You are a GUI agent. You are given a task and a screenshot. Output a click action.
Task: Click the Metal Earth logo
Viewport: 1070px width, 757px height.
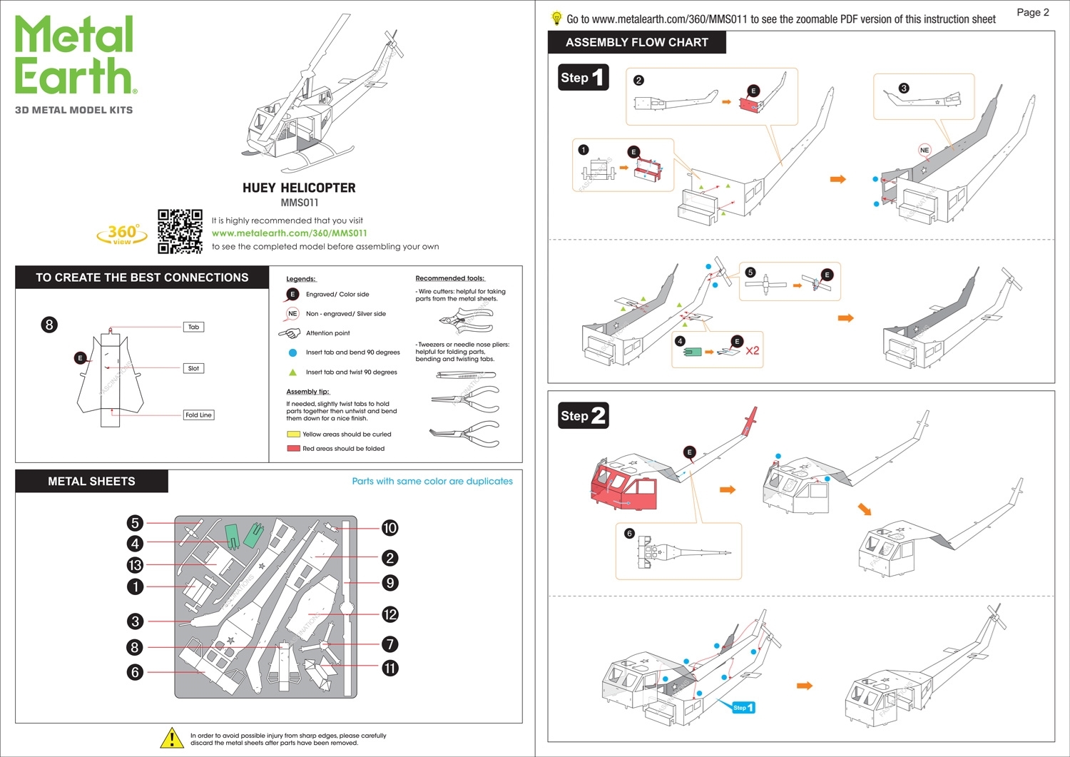click(x=74, y=56)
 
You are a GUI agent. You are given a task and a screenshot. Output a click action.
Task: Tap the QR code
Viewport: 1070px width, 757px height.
click(x=180, y=231)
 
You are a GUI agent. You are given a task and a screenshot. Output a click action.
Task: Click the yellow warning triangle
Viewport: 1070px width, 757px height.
click(x=172, y=738)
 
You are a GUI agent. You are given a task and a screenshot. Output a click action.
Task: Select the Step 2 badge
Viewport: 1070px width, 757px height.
click(x=583, y=416)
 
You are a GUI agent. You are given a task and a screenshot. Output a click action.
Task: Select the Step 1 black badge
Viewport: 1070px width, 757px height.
click(x=583, y=78)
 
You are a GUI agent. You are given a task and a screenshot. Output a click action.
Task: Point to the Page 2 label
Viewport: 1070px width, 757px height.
click(x=1032, y=12)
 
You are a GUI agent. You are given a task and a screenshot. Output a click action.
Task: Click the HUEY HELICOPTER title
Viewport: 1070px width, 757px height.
click(x=299, y=188)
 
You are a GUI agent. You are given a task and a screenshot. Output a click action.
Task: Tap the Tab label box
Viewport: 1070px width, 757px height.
click(x=193, y=327)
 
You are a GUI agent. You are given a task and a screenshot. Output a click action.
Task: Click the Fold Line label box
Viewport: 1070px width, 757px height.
click(x=198, y=415)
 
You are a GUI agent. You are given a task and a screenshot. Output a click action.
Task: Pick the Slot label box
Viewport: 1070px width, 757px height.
click(x=193, y=368)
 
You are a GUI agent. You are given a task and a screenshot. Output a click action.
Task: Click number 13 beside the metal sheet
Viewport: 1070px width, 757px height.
click(x=135, y=565)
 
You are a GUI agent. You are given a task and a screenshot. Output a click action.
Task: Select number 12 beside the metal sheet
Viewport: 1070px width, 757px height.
click(x=389, y=614)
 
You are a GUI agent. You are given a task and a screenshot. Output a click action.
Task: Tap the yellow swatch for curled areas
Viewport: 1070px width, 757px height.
click(x=293, y=434)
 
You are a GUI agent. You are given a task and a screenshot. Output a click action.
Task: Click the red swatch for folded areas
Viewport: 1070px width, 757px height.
click(x=293, y=449)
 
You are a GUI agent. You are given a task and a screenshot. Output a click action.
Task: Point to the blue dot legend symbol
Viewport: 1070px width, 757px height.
click(x=292, y=352)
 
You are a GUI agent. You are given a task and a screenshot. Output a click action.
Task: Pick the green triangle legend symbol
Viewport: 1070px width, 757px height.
click(x=292, y=372)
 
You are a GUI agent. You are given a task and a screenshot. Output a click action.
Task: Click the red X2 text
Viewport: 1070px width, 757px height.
click(x=753, y=351)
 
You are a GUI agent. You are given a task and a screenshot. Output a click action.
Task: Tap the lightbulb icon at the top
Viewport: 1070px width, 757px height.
click(x=557, y=19)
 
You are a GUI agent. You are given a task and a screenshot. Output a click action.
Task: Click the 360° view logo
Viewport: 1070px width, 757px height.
click(x=122, y=234)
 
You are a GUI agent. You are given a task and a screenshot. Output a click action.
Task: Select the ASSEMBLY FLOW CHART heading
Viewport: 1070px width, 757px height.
click(x=636, y=43)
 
